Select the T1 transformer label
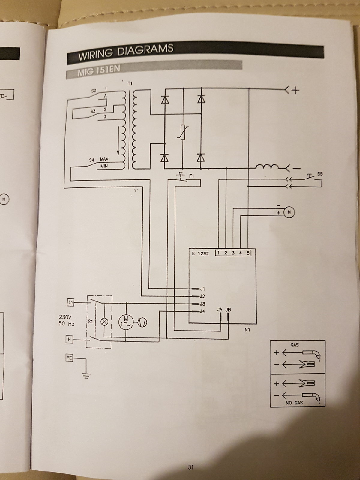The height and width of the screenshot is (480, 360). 130,84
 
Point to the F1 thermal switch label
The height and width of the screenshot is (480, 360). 192,176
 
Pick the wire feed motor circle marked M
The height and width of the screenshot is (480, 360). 289,212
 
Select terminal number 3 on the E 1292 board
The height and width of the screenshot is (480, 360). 233,253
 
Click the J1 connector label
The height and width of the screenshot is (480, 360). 202,289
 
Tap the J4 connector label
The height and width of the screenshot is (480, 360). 202,311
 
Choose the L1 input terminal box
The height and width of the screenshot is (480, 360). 70,303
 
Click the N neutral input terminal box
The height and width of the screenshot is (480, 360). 70,339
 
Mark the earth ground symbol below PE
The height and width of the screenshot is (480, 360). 86,375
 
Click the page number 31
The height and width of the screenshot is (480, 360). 190,467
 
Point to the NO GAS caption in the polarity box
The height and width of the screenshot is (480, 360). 294,403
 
